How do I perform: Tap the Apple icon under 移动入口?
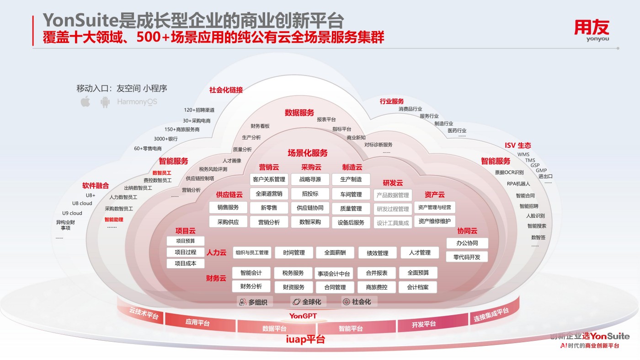(x=85, y=102)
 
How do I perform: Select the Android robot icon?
(x=105, y=102)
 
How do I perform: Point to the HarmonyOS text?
(x=137, y=102)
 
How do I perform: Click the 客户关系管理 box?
(x=269, y=179)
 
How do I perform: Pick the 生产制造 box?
(x=351, y=179)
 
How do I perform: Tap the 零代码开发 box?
(x=467, y=257)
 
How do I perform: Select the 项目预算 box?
(x=185, y=241)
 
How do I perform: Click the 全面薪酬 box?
(x=335, y=253)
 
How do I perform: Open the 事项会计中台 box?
(x=334, y=274)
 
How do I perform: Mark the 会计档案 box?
(x=418, y=287)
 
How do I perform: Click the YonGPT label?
(x=303, y=316)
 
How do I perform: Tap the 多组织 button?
(x=255, y=302)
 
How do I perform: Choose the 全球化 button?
(x=308, y=302)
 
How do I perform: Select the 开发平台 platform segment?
(x=423, y=324)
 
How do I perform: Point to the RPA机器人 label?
(x=518, y=184)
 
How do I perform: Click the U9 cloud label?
(x=72, y=213)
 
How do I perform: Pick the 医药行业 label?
(x=457, y=130)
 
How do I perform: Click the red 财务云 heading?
(x=216, y=278)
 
